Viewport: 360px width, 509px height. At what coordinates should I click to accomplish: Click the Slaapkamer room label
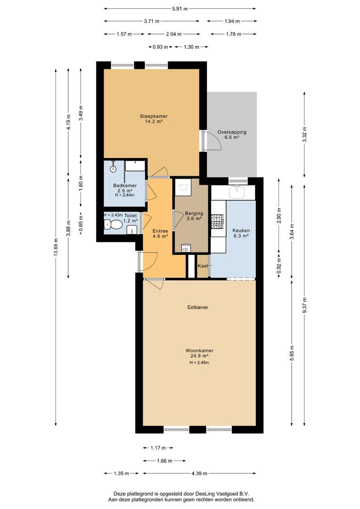tap(154, 116)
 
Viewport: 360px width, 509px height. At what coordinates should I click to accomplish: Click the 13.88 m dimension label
tap(56, 247)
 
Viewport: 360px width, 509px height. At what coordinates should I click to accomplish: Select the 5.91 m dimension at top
tap(180, 9)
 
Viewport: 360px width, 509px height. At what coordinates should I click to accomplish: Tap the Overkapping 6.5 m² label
tap(232, 135)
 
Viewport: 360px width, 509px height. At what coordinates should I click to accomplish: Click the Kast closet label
tap(203, 265)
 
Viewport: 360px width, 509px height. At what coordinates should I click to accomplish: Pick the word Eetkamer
tap(198, 307)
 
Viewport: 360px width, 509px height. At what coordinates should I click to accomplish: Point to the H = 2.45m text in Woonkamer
tap(199, 362)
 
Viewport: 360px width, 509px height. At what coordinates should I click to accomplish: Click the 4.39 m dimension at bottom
tap(199, 473)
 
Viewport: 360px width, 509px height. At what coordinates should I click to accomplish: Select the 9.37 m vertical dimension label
tap(304, 305)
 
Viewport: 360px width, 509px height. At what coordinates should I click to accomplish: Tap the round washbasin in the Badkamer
tap(113, 168)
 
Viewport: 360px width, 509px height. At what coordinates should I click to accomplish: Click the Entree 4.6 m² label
tap(160, 234)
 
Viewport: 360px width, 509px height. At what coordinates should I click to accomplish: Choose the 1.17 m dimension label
tap(158, 448)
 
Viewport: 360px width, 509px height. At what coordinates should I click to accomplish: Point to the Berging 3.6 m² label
tap(194, 216)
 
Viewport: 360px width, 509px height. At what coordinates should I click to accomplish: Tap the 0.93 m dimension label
tap(160, 47)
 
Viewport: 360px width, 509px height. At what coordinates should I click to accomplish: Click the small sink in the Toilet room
tap(132, 230)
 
